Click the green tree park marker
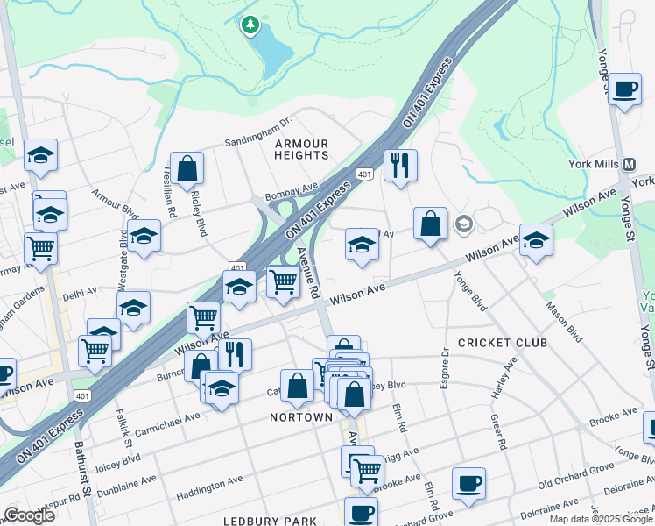coord(251,25)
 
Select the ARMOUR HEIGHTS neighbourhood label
coord(301,149)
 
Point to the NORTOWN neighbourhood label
coord(301,417)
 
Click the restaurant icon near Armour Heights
coord(400,164)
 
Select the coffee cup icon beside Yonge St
coord(625,91)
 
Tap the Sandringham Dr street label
coord(257,131)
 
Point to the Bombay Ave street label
coord(292,189)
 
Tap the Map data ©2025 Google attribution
coord(600,519)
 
